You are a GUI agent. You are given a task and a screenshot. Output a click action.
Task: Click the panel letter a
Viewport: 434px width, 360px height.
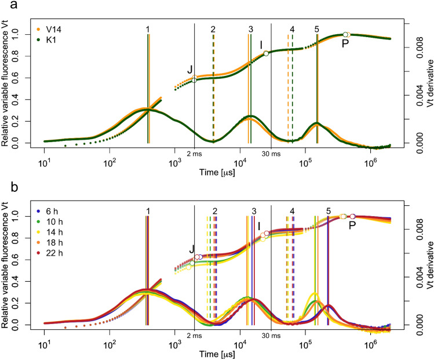[5, 5]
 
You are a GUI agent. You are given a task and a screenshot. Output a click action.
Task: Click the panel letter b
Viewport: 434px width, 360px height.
[5, 187]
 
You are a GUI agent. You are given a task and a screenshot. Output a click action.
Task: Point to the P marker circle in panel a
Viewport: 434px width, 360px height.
[345, 35]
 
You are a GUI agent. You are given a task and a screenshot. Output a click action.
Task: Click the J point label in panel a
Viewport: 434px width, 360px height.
[189, 70]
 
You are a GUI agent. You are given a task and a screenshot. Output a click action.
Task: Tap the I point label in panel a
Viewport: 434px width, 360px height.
[261, 44]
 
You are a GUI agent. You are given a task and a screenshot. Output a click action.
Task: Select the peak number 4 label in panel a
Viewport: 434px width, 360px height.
[292, 29]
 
